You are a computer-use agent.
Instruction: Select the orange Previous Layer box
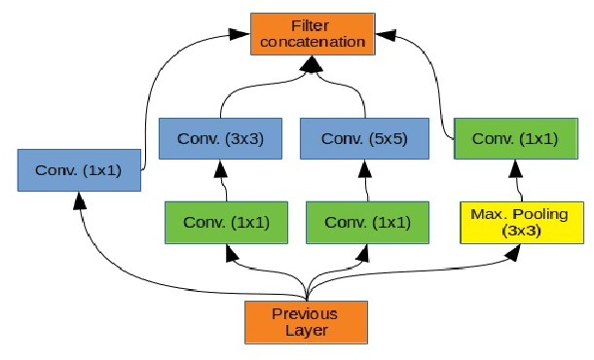click(307, 322)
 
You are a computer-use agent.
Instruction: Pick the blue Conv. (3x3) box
click(219, 138)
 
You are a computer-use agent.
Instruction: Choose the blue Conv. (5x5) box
click(360, 138)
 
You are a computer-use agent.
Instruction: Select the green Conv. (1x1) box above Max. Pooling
click(515, 138)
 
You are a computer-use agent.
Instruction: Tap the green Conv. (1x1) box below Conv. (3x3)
click(226, 222)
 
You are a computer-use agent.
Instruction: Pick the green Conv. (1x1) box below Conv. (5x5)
click(367, 222)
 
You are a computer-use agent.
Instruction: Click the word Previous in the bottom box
click(306, 313)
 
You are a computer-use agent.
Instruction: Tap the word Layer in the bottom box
click(306, 331)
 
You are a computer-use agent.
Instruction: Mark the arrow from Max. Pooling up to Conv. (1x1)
click(515, 181)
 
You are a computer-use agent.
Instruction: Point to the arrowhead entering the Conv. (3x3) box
click(220, 167)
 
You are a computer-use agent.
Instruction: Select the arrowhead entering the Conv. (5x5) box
click(361, 167)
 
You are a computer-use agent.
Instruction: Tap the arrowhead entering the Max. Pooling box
click(513, 252)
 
